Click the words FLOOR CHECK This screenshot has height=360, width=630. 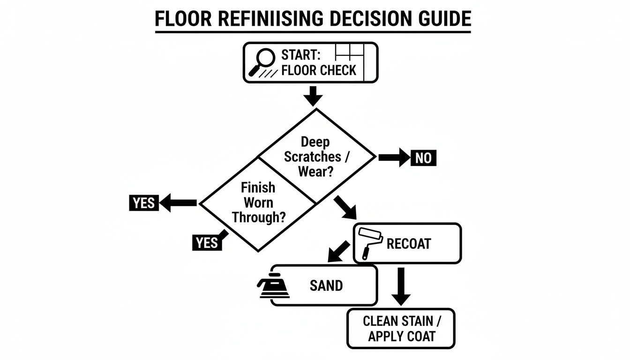[x=319, y=71]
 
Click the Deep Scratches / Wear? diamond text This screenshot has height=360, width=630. [x=315, y=157]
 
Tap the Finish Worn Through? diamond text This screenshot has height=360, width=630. [x=258, y=202]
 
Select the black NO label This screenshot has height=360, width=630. [x=423, y=158]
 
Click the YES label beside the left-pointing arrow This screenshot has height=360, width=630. [x=143, y=203]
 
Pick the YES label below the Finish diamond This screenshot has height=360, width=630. [x=207, y=242]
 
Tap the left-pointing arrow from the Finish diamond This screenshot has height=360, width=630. [x=178, y=203]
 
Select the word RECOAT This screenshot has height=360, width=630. [x=409, y=244]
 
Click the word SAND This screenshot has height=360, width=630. [x=326, y=285]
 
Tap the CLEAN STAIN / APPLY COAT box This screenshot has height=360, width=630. [x=401, y=329]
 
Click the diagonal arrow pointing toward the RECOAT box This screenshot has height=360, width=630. [x=346, y=208]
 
